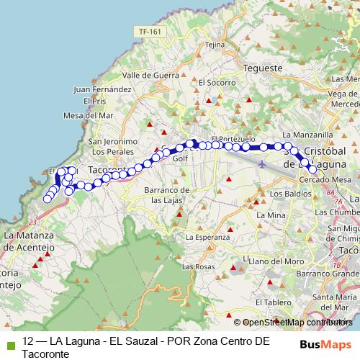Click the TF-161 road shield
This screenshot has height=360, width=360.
click(150, 32)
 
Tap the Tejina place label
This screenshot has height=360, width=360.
click(215, 44)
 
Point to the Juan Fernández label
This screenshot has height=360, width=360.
click(102, 89)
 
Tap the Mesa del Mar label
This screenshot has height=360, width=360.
click(89, 114)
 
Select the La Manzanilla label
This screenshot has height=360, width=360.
click(308, 134)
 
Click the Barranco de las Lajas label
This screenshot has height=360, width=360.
click(166, 194)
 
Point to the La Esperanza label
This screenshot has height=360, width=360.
click(207, 237)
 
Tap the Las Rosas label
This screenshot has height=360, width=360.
click(198, 266)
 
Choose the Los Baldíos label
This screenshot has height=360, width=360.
click(287, 194)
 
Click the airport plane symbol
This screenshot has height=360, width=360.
click(262, 164)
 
